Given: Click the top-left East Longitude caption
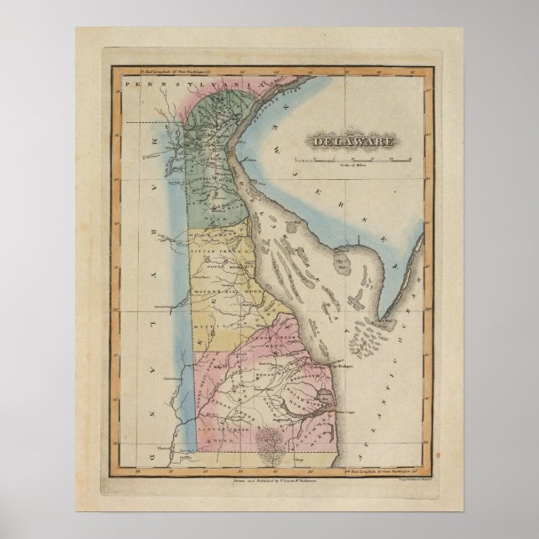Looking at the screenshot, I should pos(155,74).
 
